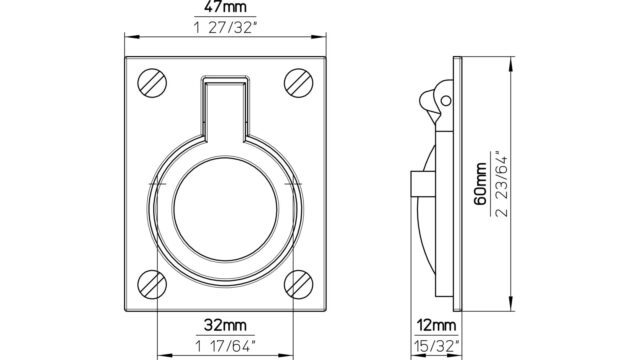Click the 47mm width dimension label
click(225, 7)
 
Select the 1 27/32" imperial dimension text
click(225, 28)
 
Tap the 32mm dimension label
click(225, 325)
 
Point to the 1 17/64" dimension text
click(225, 346)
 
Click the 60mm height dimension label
click(480, 184)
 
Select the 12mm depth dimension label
click(436, 326)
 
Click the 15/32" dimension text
click(436, 346)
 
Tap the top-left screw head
click(152, 83)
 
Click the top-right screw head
click(298, 83)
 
